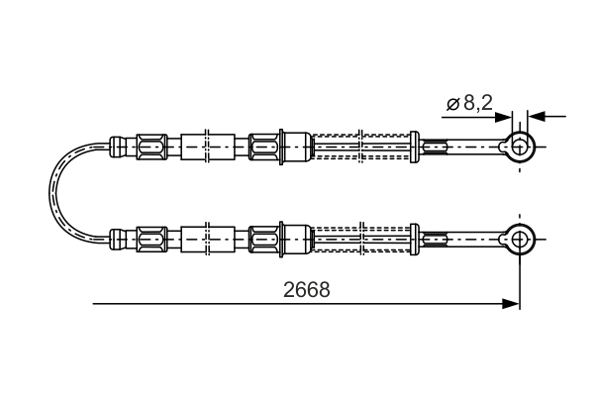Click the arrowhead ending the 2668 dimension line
pos(511,303)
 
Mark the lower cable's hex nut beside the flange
pos(263,238)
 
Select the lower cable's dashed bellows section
pos(361,238)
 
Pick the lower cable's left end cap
pos(118,238)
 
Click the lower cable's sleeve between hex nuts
pos(208,238)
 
